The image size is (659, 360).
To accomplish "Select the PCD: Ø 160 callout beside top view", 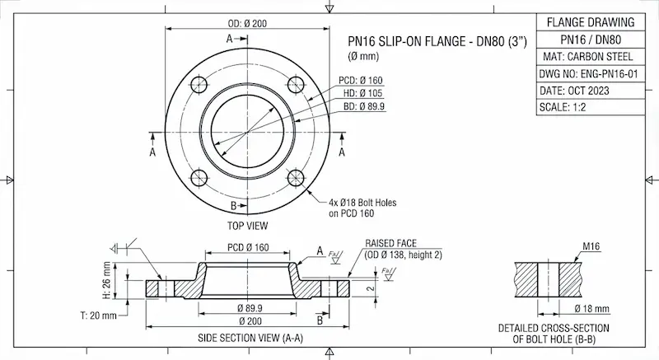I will (x=361, y=81).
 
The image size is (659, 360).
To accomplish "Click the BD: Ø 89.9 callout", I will (x=362, y=107).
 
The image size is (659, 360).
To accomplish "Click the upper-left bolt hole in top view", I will (x=197, y=82).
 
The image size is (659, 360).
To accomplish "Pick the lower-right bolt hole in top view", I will (x=295, y=178).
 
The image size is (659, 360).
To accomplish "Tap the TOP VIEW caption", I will (x=246, y=225).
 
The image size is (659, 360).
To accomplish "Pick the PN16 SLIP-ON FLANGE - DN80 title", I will (x=437, y=40).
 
